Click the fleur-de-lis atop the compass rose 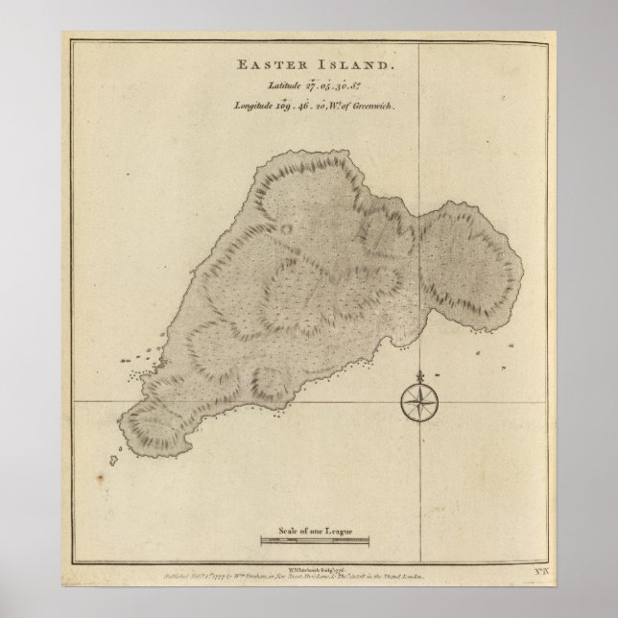pos(417,375)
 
